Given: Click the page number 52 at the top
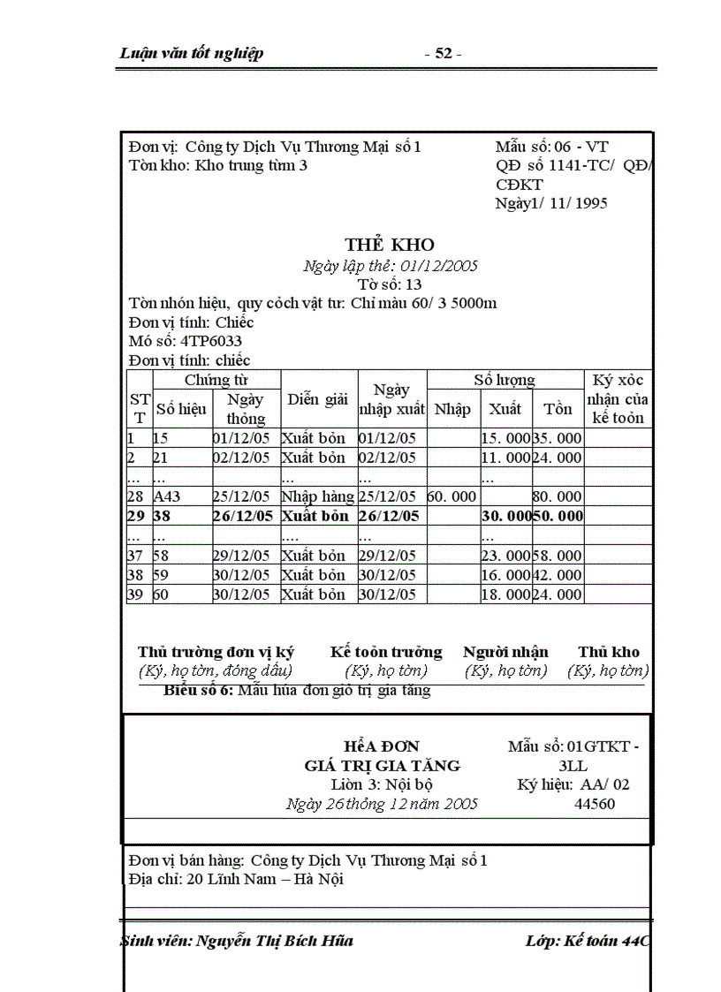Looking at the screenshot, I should tap(443, 54).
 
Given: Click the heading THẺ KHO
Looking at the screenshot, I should tap(390, 246).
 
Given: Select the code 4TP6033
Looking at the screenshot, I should tap(211, 341).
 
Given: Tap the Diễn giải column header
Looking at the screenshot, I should tap(318, 399).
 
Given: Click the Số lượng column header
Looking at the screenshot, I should tap(505, 380).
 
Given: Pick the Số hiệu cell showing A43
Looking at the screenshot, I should tap(167, 497).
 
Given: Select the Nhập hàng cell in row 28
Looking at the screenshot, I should tap(318, 497).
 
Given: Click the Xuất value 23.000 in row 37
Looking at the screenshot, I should tap(505, 556).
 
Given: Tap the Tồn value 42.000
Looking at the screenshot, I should tap(558, 575).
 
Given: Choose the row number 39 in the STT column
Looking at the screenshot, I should tap(135, 594).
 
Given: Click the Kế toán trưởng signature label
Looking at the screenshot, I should tap(386, 652).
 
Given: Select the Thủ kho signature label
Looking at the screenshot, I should tap(609, 652).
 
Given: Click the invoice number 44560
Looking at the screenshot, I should tap(595, 804).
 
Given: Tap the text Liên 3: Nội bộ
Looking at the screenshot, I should tap(382, 784).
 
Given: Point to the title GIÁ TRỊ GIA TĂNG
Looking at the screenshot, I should tap(382, 766).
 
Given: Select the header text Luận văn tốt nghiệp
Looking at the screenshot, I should tap(192, 54).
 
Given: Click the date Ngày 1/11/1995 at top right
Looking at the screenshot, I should tap(551, 203).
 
